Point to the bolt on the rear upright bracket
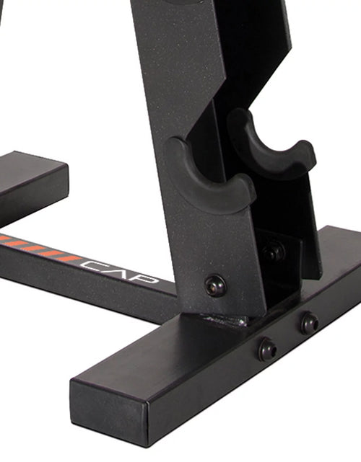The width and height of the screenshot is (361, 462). point(273,252)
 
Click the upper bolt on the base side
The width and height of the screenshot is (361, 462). point(310,324)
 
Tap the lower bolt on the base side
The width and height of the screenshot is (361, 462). point(267,350)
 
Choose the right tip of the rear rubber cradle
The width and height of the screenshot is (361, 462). point(308,151)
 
